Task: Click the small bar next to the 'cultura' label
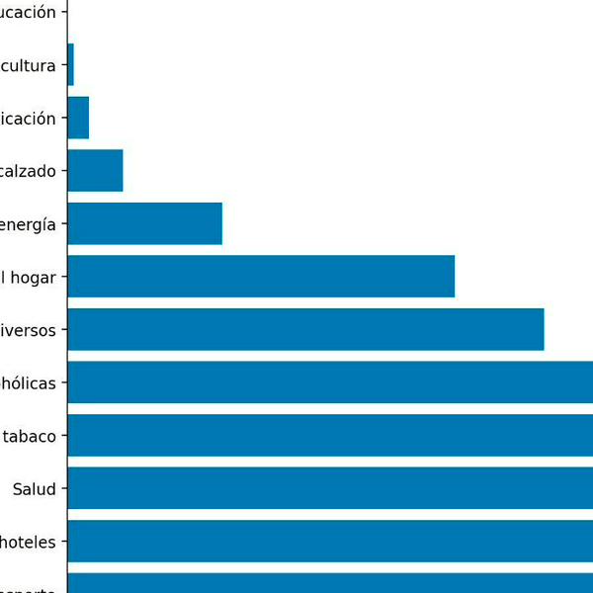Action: [70, 64]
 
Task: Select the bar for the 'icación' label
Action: [78, 118]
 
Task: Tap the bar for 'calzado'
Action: [95, 170]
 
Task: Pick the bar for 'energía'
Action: [144, 223]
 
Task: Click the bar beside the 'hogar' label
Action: [261, 277]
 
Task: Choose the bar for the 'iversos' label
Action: [305, 329]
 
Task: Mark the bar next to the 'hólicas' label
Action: [330, 382]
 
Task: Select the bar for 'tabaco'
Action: [330, 435]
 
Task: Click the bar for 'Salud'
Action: [330, 488]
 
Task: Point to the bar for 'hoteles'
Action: [330, 541]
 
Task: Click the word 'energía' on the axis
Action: [29, 224]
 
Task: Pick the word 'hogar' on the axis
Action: [34, 277]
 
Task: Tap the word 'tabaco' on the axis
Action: [29, 436]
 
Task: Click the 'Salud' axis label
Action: [35, 488]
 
